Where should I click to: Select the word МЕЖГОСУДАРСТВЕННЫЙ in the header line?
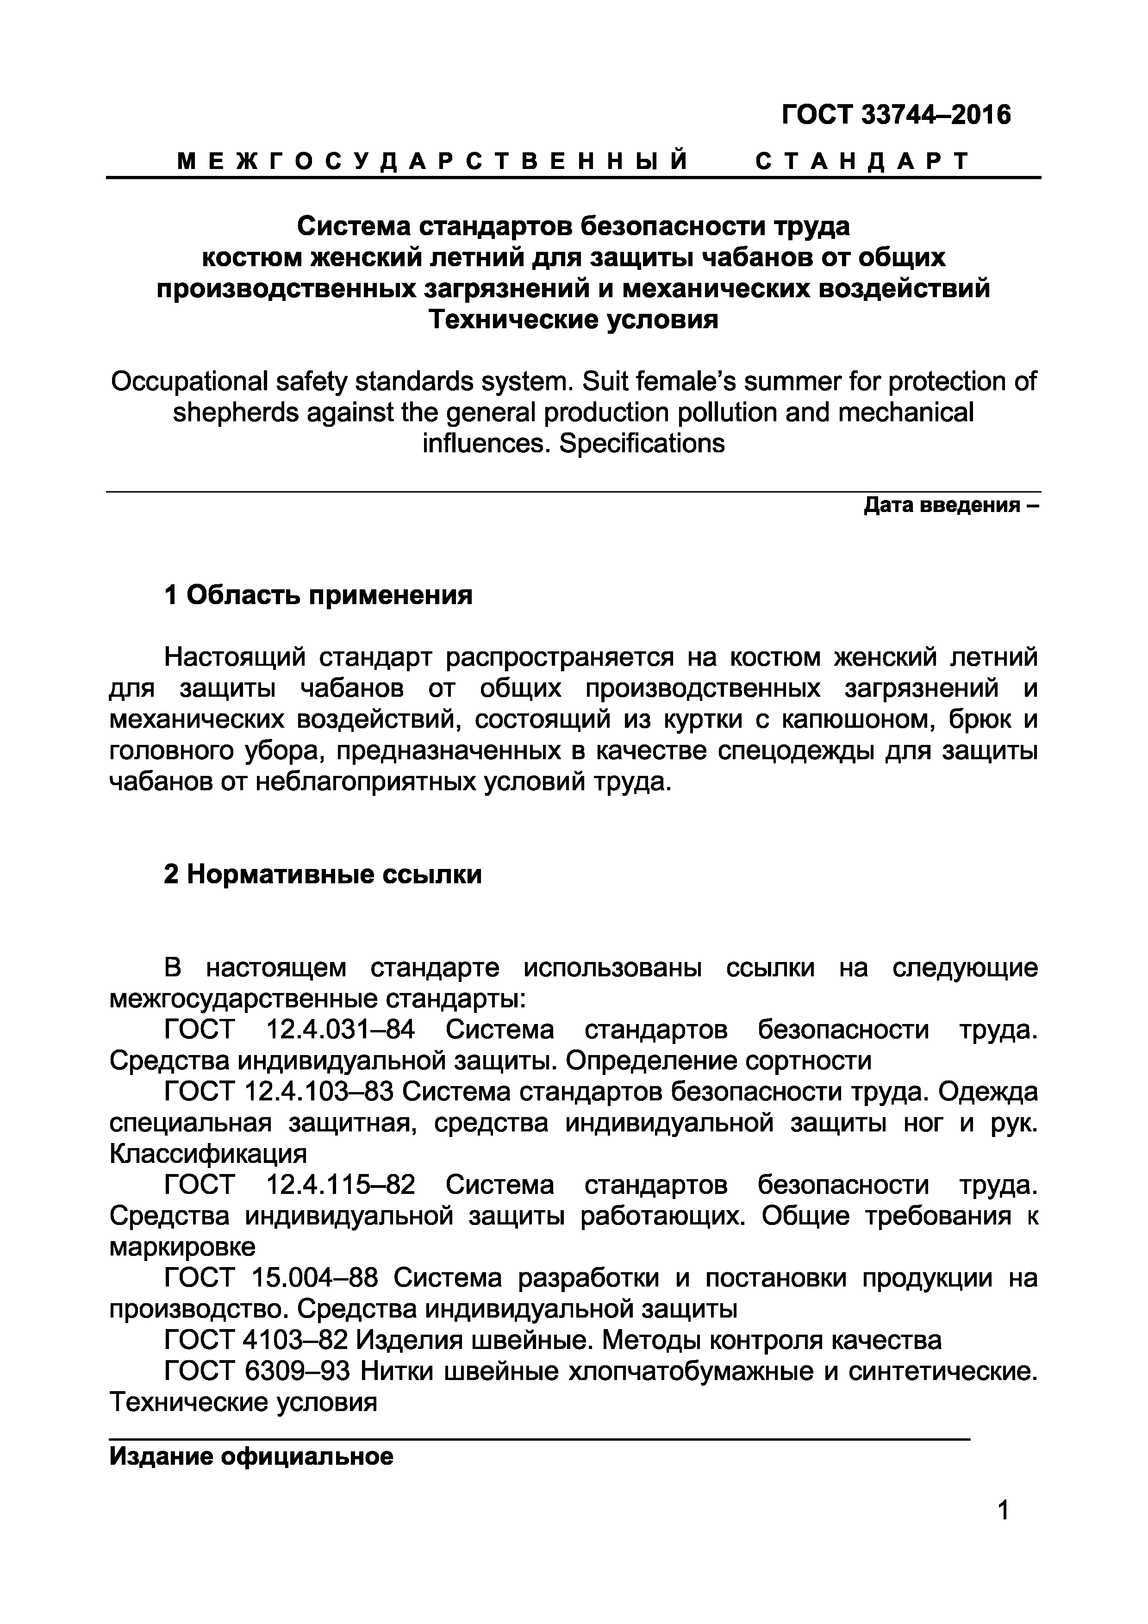click(432, 162)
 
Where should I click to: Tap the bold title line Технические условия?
click(573, 320)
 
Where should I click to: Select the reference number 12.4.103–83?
click(318, 1092)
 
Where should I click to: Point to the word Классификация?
click(209, 1154)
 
